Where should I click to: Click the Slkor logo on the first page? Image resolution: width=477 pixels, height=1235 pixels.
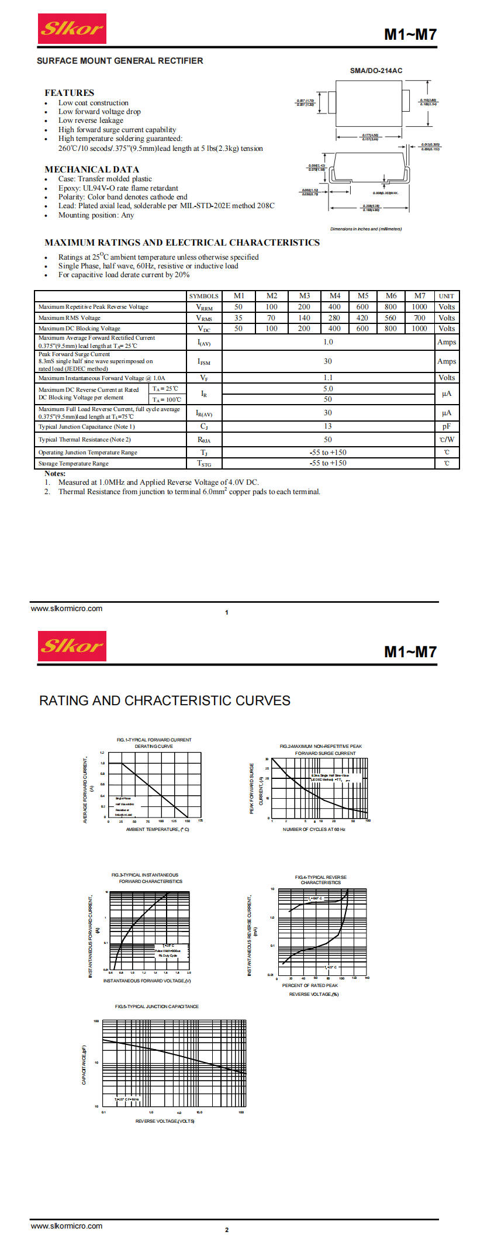point(72,29)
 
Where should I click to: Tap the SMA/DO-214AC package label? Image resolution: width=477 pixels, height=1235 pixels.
point(376,71)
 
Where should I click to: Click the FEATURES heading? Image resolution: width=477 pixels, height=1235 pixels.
point(69,93)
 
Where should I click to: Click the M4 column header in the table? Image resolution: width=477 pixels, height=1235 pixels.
point(334,296)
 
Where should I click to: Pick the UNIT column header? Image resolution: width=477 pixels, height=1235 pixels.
point(446,296)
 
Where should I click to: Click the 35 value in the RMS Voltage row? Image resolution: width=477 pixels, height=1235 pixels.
point(238,318)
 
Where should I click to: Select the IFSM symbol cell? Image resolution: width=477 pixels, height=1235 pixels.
point(203,362)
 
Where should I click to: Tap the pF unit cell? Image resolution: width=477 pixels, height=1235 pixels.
point(446,427)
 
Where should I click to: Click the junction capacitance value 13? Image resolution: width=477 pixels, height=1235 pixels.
point(327,426)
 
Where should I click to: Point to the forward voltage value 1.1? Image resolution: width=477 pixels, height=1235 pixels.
point(327,378)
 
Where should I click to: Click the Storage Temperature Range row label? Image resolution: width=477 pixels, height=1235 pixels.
point(74,464)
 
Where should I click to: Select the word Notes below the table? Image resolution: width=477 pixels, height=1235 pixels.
point(55,474)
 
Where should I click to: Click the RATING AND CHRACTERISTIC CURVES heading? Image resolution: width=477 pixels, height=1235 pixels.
point(164,701)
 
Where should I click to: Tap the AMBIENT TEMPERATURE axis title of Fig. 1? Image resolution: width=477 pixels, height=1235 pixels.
point(157,829)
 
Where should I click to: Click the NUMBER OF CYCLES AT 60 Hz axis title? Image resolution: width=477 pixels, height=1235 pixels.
point(314,829)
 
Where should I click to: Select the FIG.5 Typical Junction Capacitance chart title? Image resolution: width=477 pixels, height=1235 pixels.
point(157,1006)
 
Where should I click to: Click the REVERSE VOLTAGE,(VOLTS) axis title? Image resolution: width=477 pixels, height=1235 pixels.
point(165,1121)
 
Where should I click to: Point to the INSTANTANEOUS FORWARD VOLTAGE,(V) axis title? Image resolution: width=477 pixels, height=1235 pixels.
point(147,981)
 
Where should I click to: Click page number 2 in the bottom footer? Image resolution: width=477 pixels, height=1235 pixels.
point(227,1230)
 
